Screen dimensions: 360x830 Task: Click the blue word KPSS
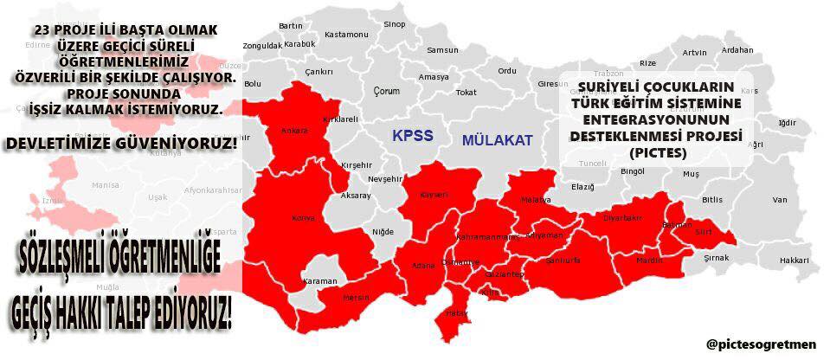point(412,136)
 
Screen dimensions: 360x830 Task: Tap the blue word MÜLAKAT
point(497,139)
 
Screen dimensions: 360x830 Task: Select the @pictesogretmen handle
point(761,344)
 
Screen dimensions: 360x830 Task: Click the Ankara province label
point(294,132)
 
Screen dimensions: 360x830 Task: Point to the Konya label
point(303,217)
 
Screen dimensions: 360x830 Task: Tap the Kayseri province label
point(434,196)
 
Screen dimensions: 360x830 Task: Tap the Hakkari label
point(793,259)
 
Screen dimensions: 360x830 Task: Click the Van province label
point(780,200)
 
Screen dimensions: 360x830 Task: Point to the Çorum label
point(386,91)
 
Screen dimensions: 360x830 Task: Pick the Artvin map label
point(695,52)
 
